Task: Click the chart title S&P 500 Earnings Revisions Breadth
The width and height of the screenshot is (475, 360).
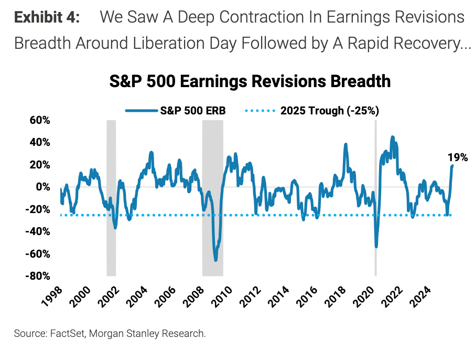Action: pos(250,82)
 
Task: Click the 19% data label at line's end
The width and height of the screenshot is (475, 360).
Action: pos(457,157)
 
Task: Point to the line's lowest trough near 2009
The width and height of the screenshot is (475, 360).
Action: pos(215,260)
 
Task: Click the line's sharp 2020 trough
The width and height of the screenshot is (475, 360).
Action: pos(376,246)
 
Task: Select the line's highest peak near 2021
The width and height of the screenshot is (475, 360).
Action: pos(392,137)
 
